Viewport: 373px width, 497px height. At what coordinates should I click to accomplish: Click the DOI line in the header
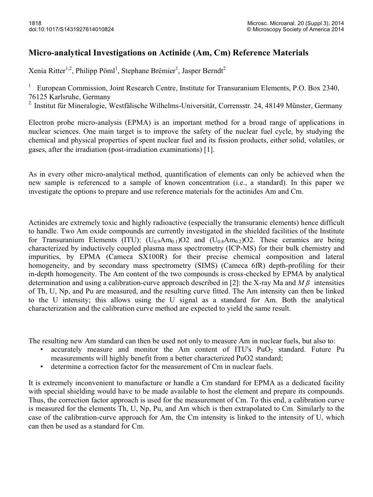point(71,29)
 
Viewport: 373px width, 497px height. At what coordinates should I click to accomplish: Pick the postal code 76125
point(38,97)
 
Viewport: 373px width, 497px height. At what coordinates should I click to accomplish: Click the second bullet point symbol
point(42,366)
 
